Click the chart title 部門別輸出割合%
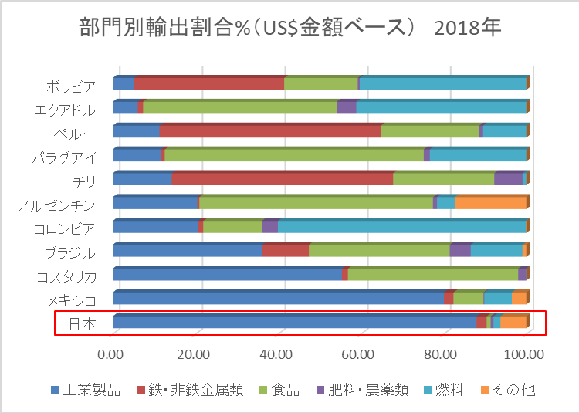(x=290, y=29)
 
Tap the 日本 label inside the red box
(x=81, y=324)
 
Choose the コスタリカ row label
(x=66, y=276)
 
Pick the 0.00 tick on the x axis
(x=112, y=355)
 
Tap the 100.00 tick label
(x=526, y=355)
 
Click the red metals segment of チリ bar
(x=282, y=180)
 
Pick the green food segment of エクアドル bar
(x=239, y=108)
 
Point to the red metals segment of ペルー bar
(x=270, y=132)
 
